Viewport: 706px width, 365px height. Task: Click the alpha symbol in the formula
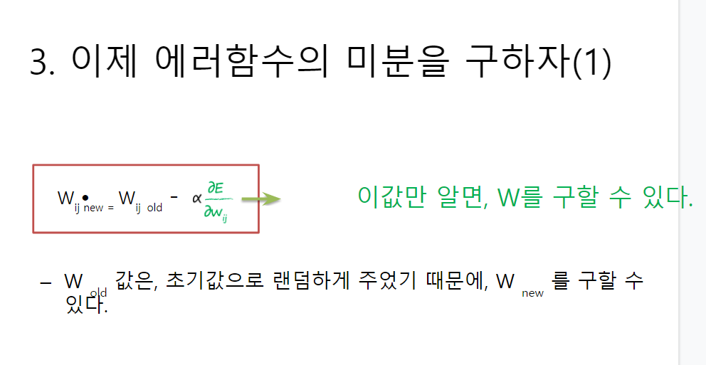click(x=196, y=198)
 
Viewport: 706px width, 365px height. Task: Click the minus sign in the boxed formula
click(x=174, y=195)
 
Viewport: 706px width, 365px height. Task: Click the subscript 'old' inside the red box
click(x=154, y=208)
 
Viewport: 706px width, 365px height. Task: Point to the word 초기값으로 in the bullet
click(x=212, y=281)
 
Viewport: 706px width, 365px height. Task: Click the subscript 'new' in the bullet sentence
click(x=532, y=293)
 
